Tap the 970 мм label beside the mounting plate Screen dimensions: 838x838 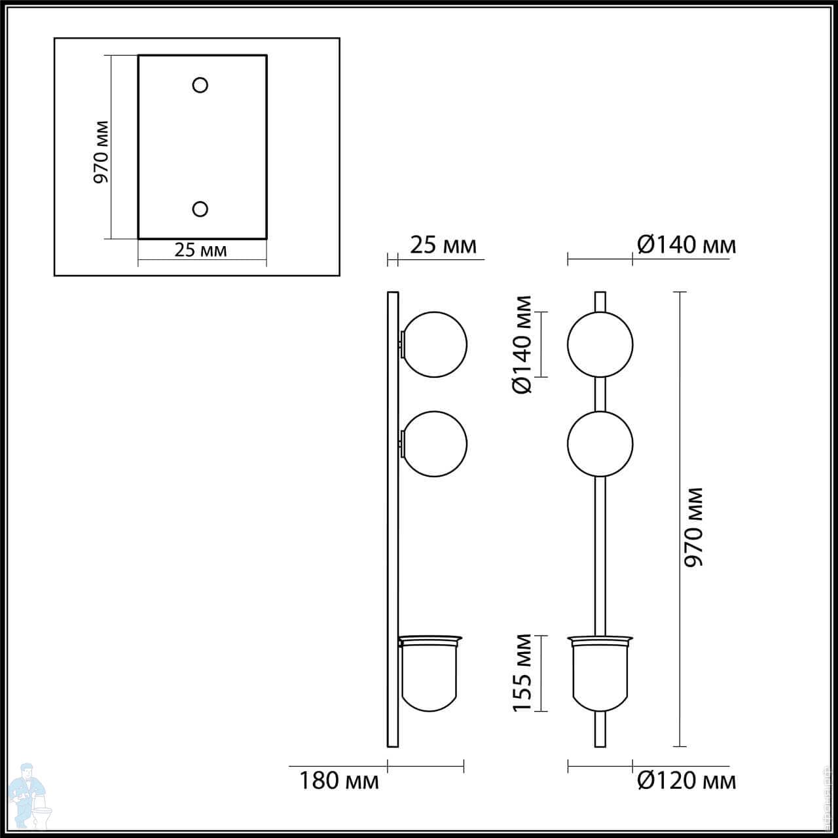click(101, 152)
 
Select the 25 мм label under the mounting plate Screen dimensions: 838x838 click(200, 250)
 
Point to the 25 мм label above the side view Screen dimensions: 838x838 click(443, 246)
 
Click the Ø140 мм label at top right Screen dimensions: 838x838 click(687, 246)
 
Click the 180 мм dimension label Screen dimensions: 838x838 click(338, 780)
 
